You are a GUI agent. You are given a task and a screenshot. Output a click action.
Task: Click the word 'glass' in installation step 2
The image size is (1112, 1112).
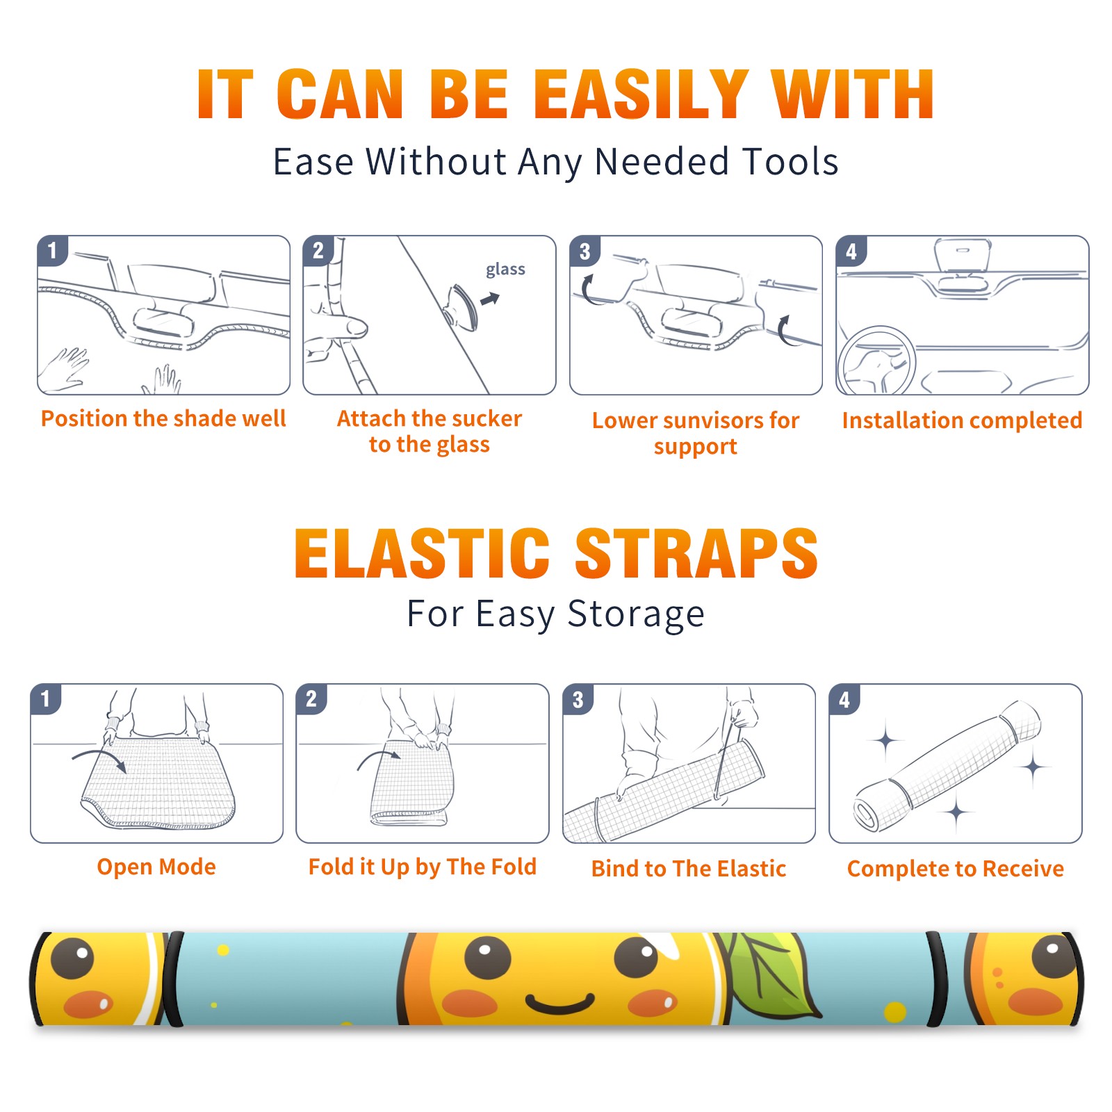(x=505, y=270)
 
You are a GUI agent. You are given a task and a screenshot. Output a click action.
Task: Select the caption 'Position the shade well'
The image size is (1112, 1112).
(x=163, y=418)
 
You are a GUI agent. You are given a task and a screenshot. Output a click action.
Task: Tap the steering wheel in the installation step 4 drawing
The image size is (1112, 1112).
(x=876, y=361)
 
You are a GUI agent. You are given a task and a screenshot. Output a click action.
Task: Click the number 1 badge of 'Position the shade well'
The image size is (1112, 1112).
(x=53, y=250)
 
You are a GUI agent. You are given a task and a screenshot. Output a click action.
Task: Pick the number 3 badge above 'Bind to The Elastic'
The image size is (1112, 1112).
(x=578, y=699)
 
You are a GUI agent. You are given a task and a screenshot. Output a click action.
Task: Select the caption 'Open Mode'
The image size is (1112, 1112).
(x=156, y=867)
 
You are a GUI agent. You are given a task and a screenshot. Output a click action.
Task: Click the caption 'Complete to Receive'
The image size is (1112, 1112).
(x=956, y=869)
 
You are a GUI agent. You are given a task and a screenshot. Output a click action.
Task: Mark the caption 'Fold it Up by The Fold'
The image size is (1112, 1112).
(x=423, y=867)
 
